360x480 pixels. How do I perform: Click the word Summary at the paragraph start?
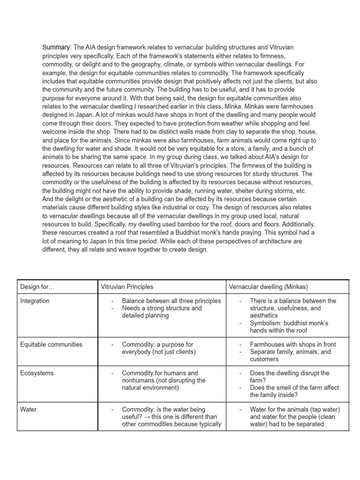coord(56,47)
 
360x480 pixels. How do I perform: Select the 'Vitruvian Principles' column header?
coord(127,286)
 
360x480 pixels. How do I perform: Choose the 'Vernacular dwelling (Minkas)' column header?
coord(268,286)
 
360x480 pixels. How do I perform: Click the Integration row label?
coord(35,300)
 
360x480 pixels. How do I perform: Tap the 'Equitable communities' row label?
coord(51,344)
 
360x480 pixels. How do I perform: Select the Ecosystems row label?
coord(37,373)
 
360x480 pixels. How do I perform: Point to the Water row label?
coord(28,409)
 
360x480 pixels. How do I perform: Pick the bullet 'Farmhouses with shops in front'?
coord(293,344)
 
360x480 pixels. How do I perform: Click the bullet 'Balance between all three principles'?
coord(171,300)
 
